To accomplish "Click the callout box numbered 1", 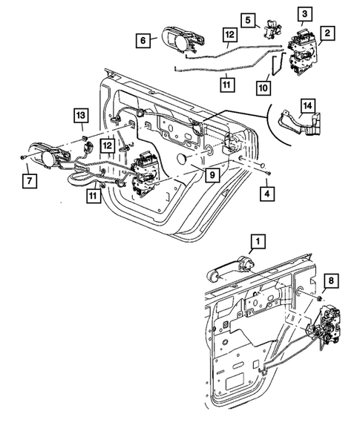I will [x=257, y=241].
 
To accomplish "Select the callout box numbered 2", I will [x=327, y=32].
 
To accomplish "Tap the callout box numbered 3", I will [x=305, y=14].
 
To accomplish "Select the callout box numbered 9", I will [x=212, y=176].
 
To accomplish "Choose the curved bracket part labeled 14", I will [x=297, y=123].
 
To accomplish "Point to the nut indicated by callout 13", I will [x=87, y=139].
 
